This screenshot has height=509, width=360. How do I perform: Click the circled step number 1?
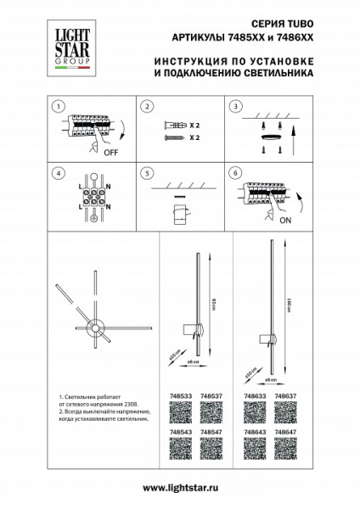(x=57, y=107)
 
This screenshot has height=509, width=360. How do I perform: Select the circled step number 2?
(x=147, y=107)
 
